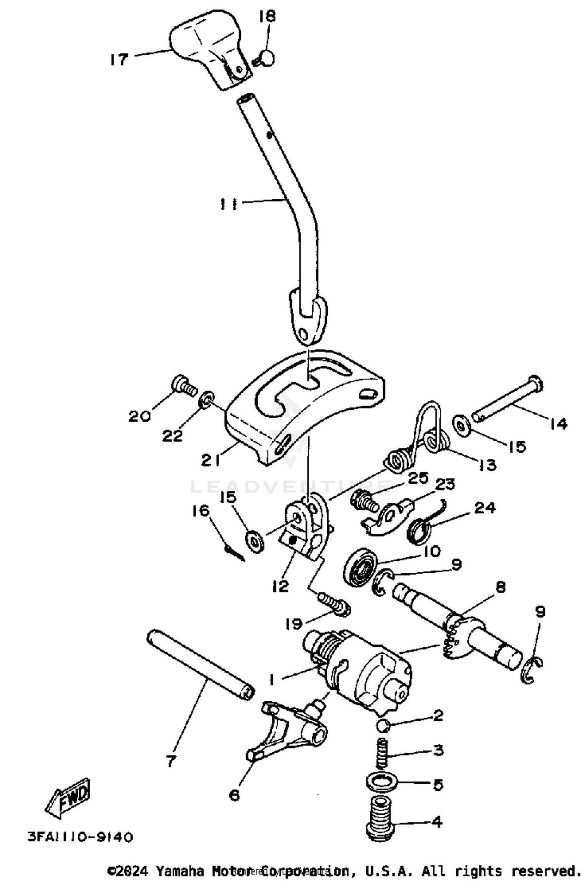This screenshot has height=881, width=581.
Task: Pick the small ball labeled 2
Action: (x=383, y=725)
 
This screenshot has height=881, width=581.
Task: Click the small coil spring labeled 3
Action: (x=382, y=753)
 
